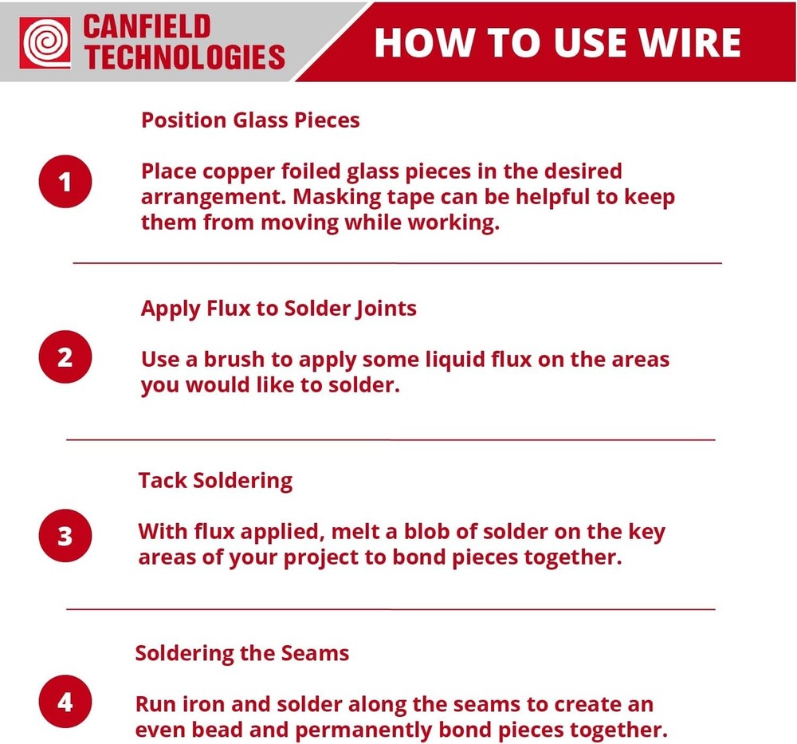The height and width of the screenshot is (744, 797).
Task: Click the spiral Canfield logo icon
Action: click(x=46, y=42)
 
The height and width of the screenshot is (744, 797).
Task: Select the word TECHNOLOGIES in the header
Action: click(x=184, y=57)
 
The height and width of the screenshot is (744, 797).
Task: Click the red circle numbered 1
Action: click(x=65, y=183)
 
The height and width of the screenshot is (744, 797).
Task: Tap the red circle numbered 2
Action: click(x=65, y=357)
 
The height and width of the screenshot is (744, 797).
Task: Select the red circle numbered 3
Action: click(x=65, y=536)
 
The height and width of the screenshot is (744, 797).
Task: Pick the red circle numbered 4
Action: click(x=65, y=703)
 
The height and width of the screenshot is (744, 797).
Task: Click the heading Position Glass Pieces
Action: click(x=250, y=120)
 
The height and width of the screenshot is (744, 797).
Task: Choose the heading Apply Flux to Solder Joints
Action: click(x=278, y=309)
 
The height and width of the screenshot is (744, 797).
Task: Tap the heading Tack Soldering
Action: click(x=215, y=481)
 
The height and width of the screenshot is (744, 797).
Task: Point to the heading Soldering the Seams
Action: click(x=242, y=654)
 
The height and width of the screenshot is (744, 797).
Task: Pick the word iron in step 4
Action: click(x=203, y=705)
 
